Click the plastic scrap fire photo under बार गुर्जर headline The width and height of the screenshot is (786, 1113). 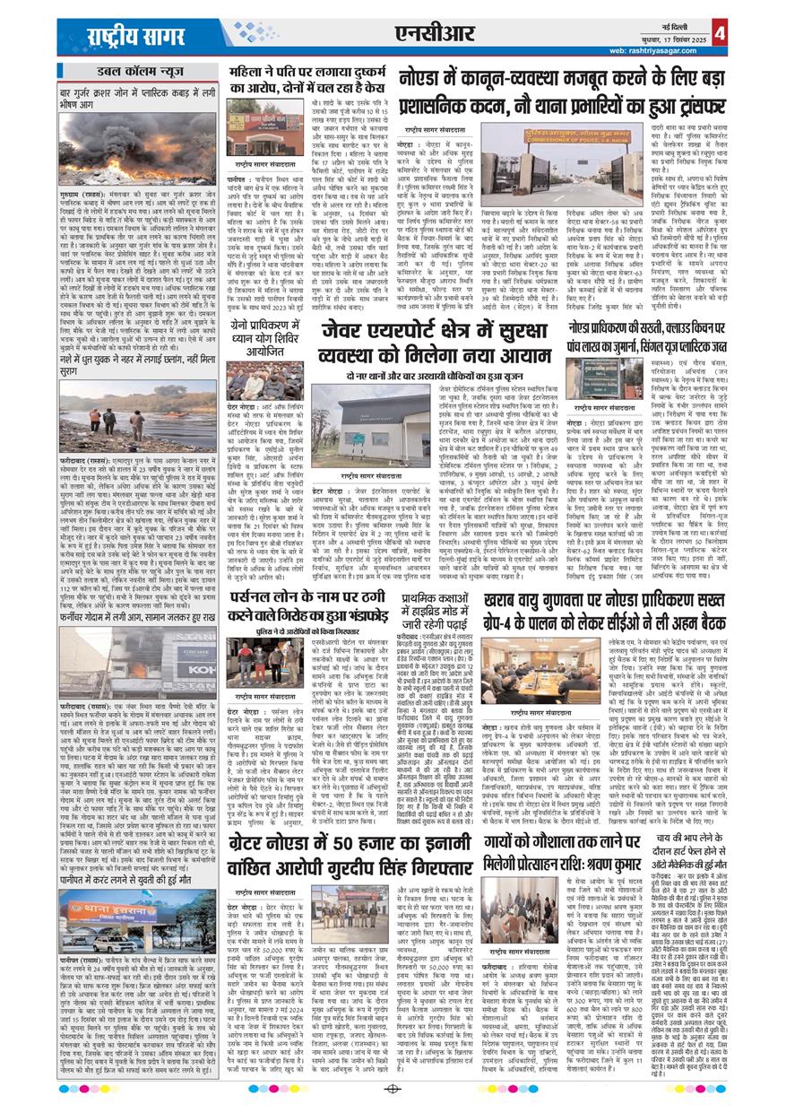coord(137,131)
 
